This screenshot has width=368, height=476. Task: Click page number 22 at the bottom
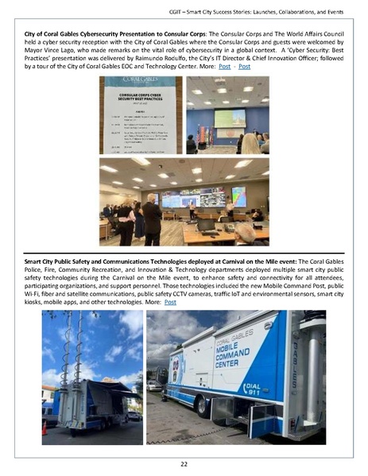tap(184, 463)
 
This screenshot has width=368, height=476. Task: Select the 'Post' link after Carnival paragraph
tap(169, 303)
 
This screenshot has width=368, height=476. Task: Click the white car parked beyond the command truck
tap(153, 385)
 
